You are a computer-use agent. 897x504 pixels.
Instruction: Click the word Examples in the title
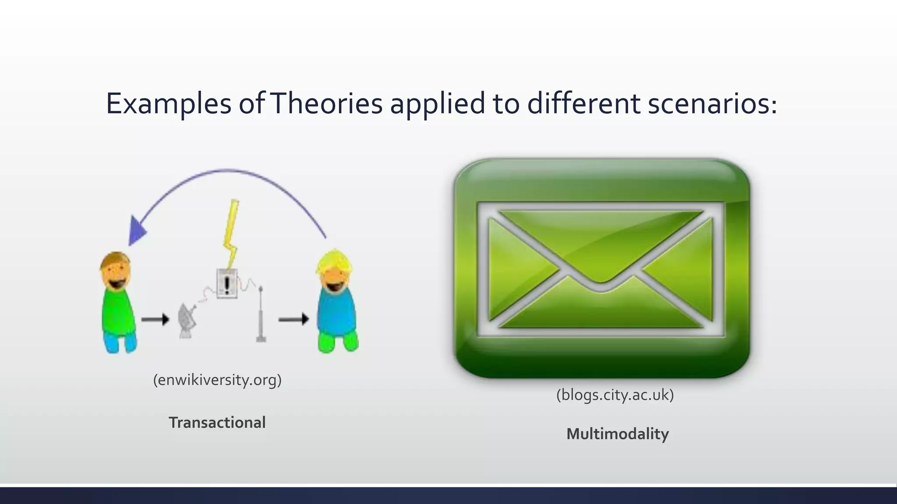pyautogui.click(x=169, y=104)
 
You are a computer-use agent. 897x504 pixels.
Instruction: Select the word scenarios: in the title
pyautogui.click(x=712, y=104)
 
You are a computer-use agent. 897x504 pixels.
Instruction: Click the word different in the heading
pyautogui.click(x=583, y=104)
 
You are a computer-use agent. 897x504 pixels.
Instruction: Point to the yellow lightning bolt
pyautogui.click(x=231, y=232)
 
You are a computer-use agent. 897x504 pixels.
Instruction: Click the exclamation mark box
pyautogui.click(x=227, y=284)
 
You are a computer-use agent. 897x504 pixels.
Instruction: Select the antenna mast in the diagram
pyautogui.click(x=261, y=315)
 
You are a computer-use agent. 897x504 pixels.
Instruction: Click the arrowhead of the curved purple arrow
pyautogui.click(x=137, y=231)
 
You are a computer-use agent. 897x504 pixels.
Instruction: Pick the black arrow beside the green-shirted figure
pyautogui.click(x=155, y=320)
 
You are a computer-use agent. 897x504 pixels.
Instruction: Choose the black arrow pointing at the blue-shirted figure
pyautogui.click(x=293, y=320)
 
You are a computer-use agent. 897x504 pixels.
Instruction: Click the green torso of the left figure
pyautogui.click(x=117, y=311)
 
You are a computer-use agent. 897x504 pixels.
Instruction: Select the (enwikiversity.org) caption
pyautogui.click(x=217, y=380)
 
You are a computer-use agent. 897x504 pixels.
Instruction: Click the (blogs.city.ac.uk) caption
pyautogui.click(x=615, y=395)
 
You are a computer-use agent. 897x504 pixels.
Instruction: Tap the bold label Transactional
pyautogui.click(x=217, y=423)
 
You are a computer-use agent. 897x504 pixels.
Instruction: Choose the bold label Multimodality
pyautogui.click(x=618, y=434)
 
